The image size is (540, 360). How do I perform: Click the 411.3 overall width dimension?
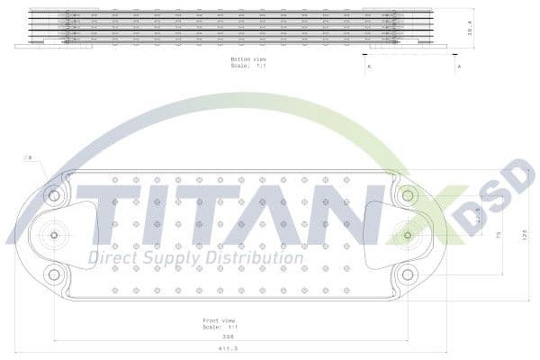[215, 348]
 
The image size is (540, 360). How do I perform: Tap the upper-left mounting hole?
[54, 194]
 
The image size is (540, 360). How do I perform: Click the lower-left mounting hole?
[54, 274]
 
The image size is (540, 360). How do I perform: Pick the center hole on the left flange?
[54, 235]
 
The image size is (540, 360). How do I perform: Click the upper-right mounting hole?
[408, 194]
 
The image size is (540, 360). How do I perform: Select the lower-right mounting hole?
[408, 274]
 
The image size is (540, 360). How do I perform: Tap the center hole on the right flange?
[408, 235]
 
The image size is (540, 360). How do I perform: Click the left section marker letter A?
[367, 67]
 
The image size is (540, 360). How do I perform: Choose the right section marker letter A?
[459, 67]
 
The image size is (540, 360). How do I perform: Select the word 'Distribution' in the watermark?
[252, 258]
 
